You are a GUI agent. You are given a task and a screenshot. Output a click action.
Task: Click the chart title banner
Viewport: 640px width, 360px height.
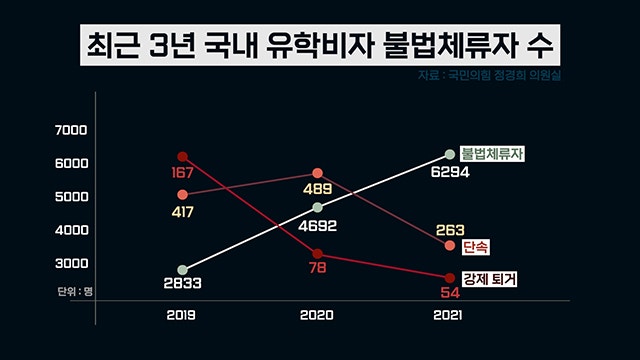click(320, 44)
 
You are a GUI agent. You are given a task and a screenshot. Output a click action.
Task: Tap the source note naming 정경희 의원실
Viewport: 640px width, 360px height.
click(489, 76)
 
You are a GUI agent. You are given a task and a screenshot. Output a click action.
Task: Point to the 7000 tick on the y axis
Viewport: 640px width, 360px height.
click(71, 130)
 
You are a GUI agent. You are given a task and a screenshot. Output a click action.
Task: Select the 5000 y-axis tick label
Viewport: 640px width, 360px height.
click(71, 197)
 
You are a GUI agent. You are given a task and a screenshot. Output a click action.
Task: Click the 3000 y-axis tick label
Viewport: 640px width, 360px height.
click(71, 263)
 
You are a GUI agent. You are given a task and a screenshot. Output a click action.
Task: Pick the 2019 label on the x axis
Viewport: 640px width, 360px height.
click(181, 315)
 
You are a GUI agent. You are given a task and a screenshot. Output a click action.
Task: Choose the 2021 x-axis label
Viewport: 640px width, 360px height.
click(447, 315)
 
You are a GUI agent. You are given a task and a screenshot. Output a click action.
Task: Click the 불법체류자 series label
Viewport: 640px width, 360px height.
click(492, 154)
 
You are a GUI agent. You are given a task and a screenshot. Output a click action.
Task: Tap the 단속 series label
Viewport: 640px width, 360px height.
click(476, 247)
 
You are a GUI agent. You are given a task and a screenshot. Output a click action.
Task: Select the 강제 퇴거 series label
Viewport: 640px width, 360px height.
click(489, 279)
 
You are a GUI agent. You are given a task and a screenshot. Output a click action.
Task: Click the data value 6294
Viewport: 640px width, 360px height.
click(450, 172)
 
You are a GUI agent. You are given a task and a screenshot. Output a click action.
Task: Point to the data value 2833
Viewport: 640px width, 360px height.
click(182, 283)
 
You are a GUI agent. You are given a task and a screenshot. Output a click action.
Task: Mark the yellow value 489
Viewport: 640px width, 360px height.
click(318, 189)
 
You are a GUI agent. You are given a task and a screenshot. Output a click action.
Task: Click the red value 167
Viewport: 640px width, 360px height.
click(182, 173)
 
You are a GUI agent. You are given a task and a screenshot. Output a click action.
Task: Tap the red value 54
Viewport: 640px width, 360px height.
click(450, 293)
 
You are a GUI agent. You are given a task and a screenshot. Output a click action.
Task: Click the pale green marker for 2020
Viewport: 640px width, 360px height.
click(318, 207)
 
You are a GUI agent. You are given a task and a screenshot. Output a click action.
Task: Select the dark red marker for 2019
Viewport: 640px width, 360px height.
click(182, 157)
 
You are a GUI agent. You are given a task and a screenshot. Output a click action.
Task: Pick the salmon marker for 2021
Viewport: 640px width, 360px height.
click(450, 246)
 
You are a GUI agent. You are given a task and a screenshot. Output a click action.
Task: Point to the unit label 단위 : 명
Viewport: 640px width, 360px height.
click(75, 291)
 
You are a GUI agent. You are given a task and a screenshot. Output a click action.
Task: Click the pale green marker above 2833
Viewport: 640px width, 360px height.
click(182, 270)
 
